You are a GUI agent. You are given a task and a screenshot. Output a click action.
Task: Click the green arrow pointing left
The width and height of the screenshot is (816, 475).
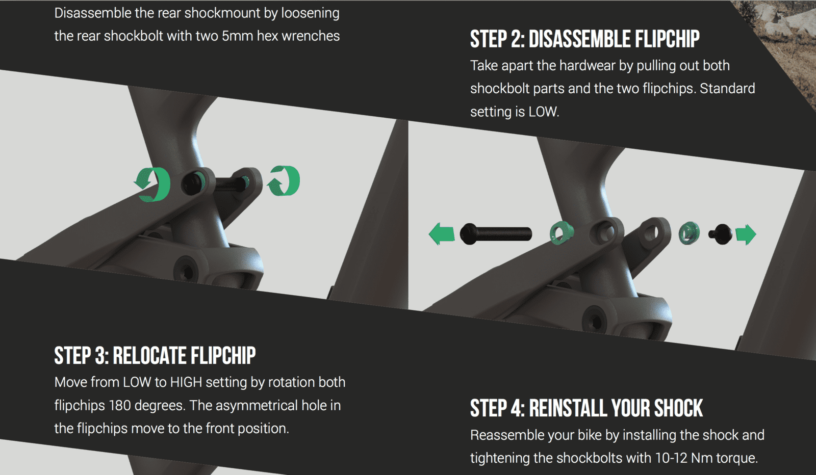pyautogui.click(x=442, y=234)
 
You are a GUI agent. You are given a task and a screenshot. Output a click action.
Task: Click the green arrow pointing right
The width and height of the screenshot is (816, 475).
pyautogui.click(x=746, y=234)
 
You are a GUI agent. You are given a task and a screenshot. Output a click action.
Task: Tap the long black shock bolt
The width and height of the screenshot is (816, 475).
pyautogui.click(x=496, y=234)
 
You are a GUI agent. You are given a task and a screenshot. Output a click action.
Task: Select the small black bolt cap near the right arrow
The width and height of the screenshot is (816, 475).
pyautogui.click(x=720, y=234)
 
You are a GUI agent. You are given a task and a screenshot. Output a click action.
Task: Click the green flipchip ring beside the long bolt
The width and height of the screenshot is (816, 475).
pyautogui.click(x=561, y=232)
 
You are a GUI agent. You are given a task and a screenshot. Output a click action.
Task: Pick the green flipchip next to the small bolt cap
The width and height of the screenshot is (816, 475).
pyautogui.click(x=689, y=233)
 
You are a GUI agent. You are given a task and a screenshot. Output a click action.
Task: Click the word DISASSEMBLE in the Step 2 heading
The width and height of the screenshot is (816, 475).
pyautogui.click(x=579, y=39)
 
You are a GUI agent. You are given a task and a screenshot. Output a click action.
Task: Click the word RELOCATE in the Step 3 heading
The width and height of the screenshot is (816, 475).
pyautogui.click(x=149, y=356)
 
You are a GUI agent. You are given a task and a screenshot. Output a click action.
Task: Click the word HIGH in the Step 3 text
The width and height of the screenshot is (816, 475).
pyautogui.click(x=186, y=382)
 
